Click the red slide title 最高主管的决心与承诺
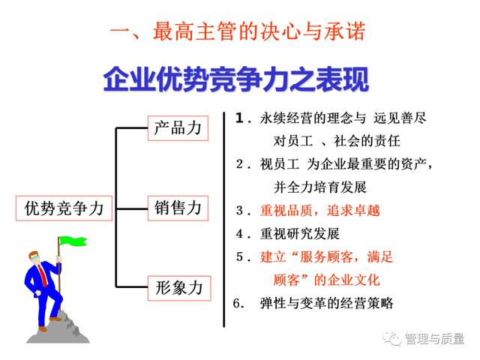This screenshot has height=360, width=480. coord(259,31)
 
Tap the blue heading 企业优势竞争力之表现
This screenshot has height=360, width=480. coord(236,79)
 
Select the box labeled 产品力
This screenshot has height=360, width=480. coord(178,128)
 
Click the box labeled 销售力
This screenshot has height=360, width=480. coord(178,208)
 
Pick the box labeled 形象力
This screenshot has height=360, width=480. coord(179,288)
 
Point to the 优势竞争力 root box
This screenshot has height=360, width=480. coord(64,208)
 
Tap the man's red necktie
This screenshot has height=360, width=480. coord(42,274)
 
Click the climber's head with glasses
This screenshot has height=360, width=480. coord(34,258)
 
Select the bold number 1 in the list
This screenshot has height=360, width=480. coord(240,118)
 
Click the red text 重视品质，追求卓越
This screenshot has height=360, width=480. coord(320,211)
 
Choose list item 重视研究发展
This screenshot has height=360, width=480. coord(300,234)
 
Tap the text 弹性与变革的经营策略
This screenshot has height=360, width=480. coord(327,303)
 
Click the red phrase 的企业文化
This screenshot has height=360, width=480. coord(347,280)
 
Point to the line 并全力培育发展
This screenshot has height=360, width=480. coord(320,187)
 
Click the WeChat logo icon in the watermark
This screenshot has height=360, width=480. coord(391,338)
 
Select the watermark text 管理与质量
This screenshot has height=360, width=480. coord(435,338)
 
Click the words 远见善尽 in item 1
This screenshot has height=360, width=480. coord(400,118)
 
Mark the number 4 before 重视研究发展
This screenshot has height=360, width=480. coord(240,234)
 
